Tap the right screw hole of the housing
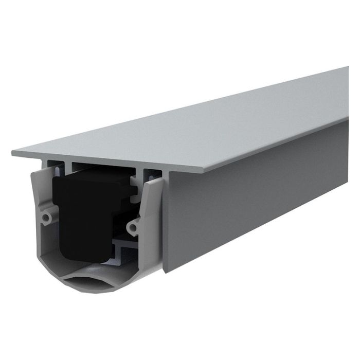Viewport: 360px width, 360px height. coord(135,224)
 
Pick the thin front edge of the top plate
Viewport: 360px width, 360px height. coord(103,163)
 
